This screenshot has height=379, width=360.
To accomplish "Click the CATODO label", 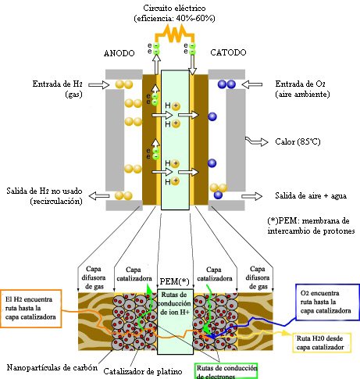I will [230, 52].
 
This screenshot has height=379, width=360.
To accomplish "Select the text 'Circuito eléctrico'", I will [176, 6].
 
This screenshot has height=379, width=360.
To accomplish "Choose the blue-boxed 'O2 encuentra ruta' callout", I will [320, 300].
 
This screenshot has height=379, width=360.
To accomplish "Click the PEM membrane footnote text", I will [310, 226].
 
